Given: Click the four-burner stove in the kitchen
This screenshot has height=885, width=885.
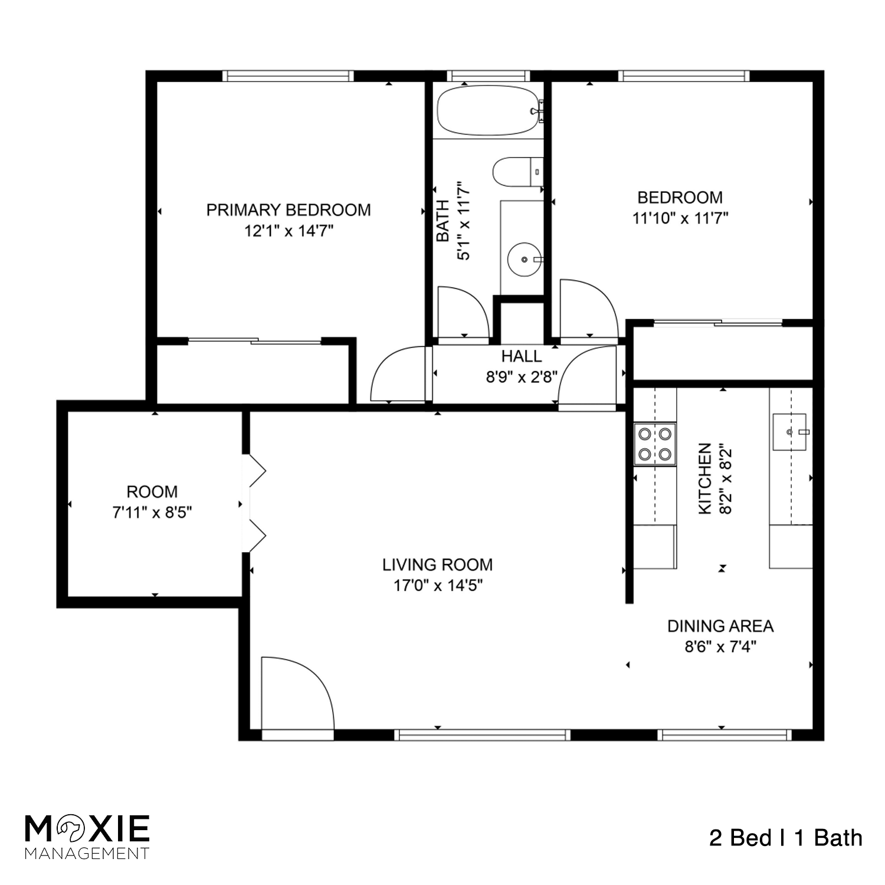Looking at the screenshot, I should coord(655,444).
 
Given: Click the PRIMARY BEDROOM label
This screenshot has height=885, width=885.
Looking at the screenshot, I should coord(289,210).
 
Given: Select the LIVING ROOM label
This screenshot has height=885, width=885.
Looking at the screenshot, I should coord(437,565).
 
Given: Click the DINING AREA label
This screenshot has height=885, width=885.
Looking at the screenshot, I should coord(720,626).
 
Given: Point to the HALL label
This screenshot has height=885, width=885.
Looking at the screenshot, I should coord(522,356).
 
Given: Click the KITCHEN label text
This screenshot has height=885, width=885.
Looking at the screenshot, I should coord(705,478).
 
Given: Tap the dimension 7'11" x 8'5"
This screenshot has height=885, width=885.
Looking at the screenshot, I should coord(152,513).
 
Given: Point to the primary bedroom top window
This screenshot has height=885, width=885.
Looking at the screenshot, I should coord(288,76).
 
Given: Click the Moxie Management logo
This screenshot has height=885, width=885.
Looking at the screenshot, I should coord(87,836).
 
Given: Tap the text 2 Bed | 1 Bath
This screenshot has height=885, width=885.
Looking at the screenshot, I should coord(785,838).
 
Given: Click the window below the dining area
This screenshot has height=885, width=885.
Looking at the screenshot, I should coord(724,735).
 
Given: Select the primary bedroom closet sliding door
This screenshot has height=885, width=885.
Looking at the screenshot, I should coord(254,341).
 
